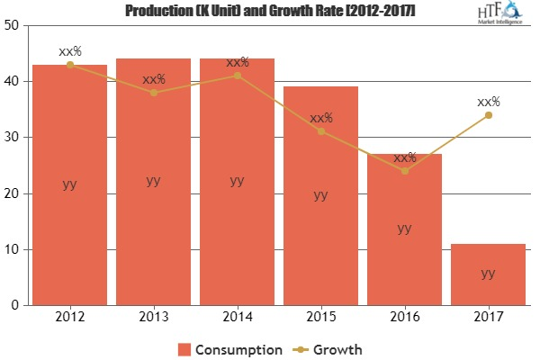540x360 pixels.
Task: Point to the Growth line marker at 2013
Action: (153, 93)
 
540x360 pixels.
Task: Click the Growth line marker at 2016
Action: (404, 171)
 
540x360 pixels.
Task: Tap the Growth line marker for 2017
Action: (488, 115)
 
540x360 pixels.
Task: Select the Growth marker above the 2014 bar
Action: (237, 76)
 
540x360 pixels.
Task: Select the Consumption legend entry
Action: (229, 347)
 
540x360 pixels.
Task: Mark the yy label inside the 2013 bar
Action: (153, 180)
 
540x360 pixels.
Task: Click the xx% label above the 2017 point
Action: (488, 102)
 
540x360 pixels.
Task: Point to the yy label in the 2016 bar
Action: (404, 228)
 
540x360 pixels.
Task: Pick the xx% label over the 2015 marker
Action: (320, 118)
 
